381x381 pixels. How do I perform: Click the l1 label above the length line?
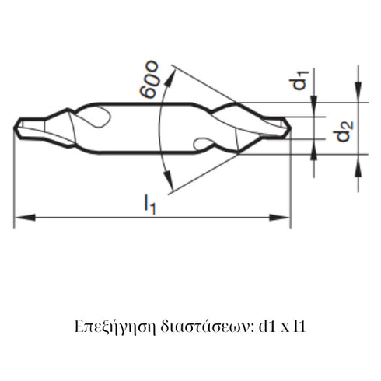click(149, 204)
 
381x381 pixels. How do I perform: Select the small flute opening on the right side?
click(201, 143)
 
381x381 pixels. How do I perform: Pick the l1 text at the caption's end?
click(300, 323)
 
